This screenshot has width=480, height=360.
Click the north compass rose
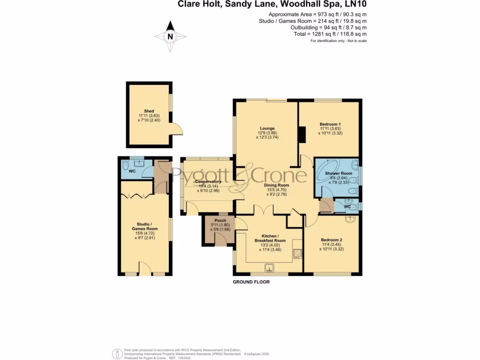170,36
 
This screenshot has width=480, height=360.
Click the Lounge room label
268,128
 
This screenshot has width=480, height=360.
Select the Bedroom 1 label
330,124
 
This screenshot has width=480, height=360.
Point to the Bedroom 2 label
331,240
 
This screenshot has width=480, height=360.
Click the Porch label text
220,220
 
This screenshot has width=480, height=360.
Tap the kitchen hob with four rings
297,254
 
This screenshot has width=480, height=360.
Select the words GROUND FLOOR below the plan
251,282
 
